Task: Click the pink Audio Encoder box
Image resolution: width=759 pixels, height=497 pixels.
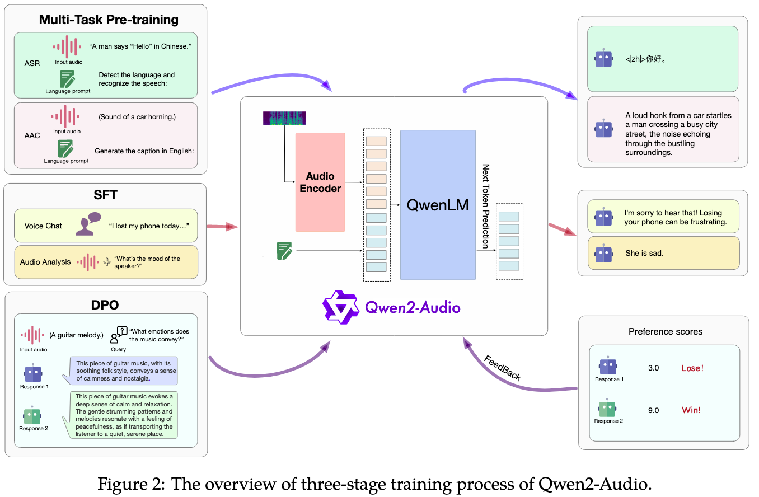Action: pos(320,182)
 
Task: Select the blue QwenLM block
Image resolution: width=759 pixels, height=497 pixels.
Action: pos(438,205)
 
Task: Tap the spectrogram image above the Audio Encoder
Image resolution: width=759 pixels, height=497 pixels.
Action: pos(284,118)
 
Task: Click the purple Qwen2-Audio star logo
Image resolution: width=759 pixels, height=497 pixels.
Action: pos(340,307)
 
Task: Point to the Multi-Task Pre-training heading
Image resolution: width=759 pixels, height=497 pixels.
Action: pos(109,20)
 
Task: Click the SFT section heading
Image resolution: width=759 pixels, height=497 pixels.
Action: pos(105,195)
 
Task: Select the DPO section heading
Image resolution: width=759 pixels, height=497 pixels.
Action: pos(105,305)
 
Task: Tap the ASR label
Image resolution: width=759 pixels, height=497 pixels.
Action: pos(32,63)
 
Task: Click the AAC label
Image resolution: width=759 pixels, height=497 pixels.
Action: pos(32,135)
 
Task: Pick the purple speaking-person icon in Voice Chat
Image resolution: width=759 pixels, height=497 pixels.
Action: pos(88,224)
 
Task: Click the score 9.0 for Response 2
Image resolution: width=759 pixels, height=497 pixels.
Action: pos(653,410)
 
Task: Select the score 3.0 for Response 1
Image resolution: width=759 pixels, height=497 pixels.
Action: pos(653,368)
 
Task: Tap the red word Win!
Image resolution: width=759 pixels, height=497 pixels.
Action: pos(691,410)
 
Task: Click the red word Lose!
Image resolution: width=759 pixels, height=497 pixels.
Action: pos(692,368)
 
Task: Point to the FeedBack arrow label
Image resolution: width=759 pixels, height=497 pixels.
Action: pos(503,368)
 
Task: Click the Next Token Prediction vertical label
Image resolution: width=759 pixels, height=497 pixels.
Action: pos(486,207)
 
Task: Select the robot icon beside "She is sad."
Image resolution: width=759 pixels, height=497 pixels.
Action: pos(603,254)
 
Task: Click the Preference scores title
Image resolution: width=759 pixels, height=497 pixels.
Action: pos(666,332)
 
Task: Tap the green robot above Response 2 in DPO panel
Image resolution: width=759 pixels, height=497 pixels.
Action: pos(32,415)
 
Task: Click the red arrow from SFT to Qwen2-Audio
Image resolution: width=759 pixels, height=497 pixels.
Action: pos(222,226)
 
